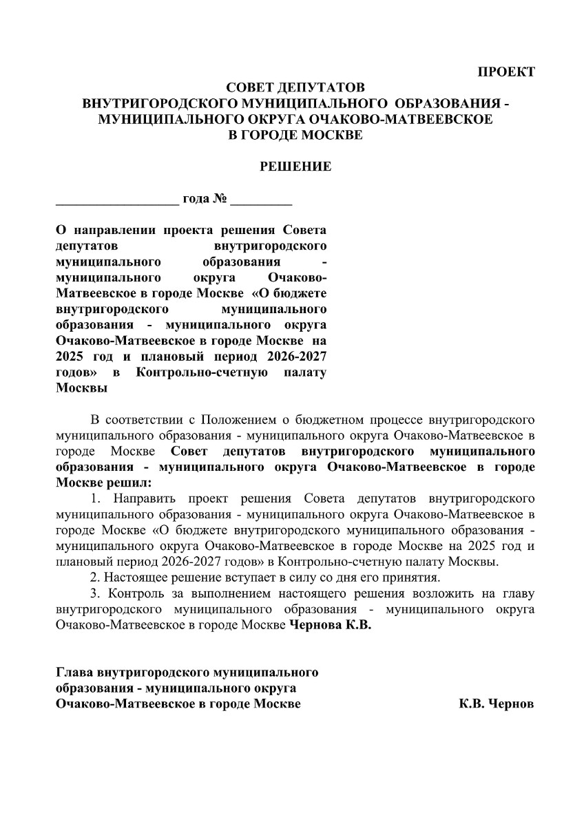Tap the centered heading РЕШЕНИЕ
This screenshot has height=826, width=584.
[295, 167]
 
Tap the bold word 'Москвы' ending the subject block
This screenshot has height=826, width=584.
[81, 388]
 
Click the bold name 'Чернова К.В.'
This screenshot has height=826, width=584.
[329, 625]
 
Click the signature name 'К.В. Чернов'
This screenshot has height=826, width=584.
[497, 705]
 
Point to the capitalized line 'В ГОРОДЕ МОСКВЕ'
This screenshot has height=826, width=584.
[295, 135]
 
